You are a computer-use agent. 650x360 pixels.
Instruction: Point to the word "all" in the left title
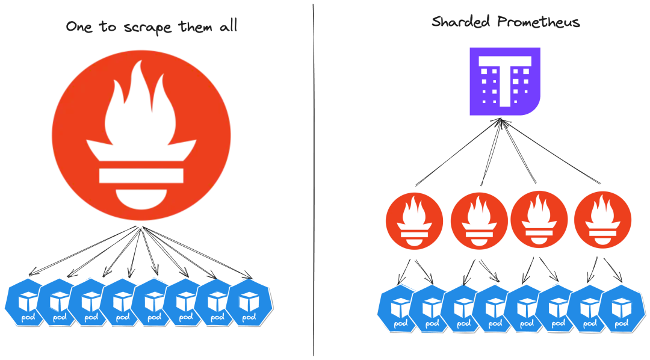click(x=226, y=26)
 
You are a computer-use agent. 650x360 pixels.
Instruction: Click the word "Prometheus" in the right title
click(x=538, y=22)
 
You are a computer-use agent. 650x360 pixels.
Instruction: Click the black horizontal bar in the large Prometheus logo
click(x=141, y=175)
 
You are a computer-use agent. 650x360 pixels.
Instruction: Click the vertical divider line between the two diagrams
click(x=314, y=181)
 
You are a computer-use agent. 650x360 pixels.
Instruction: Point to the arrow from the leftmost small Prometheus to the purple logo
click(x=457, y=154)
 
